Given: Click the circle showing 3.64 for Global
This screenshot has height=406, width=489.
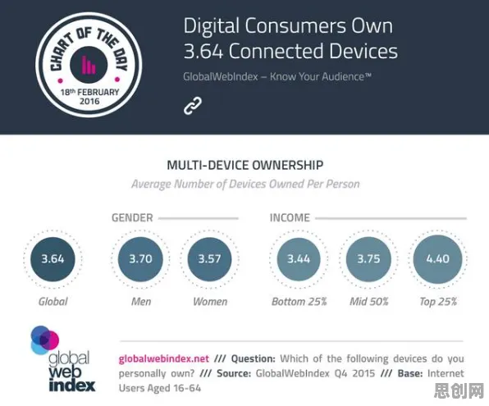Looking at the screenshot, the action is point(53,259).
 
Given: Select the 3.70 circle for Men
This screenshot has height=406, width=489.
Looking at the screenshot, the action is point(140,259).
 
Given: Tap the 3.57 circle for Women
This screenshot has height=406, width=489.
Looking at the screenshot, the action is point(209,259).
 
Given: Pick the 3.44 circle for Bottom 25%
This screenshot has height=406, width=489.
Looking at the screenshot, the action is point(299,259).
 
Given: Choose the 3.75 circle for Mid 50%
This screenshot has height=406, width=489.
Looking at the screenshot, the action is point(368,259).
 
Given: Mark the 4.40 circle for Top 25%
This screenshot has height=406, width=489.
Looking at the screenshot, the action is point(437,259).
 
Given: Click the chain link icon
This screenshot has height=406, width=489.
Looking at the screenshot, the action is point(193,106).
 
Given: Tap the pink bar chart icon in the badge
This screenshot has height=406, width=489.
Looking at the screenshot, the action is point(89,64).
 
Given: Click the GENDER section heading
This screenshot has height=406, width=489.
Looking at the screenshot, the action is point(132,217).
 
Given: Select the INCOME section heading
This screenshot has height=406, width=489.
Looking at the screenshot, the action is point(290,217).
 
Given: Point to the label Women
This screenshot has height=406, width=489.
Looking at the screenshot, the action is point(210,302).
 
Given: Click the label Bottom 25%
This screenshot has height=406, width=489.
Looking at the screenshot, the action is point(299,302).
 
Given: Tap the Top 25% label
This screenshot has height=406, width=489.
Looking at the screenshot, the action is point(438,302).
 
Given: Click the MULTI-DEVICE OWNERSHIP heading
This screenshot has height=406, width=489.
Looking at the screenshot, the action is point(245,165).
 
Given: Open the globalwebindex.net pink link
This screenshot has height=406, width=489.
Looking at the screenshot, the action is point(164,358).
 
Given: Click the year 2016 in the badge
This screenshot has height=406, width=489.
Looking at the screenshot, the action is point(89,101).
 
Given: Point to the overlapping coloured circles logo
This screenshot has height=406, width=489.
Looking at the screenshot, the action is point(44,340).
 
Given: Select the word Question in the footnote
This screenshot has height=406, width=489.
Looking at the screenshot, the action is point(254,359).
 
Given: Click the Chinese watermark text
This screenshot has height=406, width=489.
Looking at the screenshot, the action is point(459,390).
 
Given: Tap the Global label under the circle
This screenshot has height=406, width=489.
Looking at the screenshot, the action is point(53,302).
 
